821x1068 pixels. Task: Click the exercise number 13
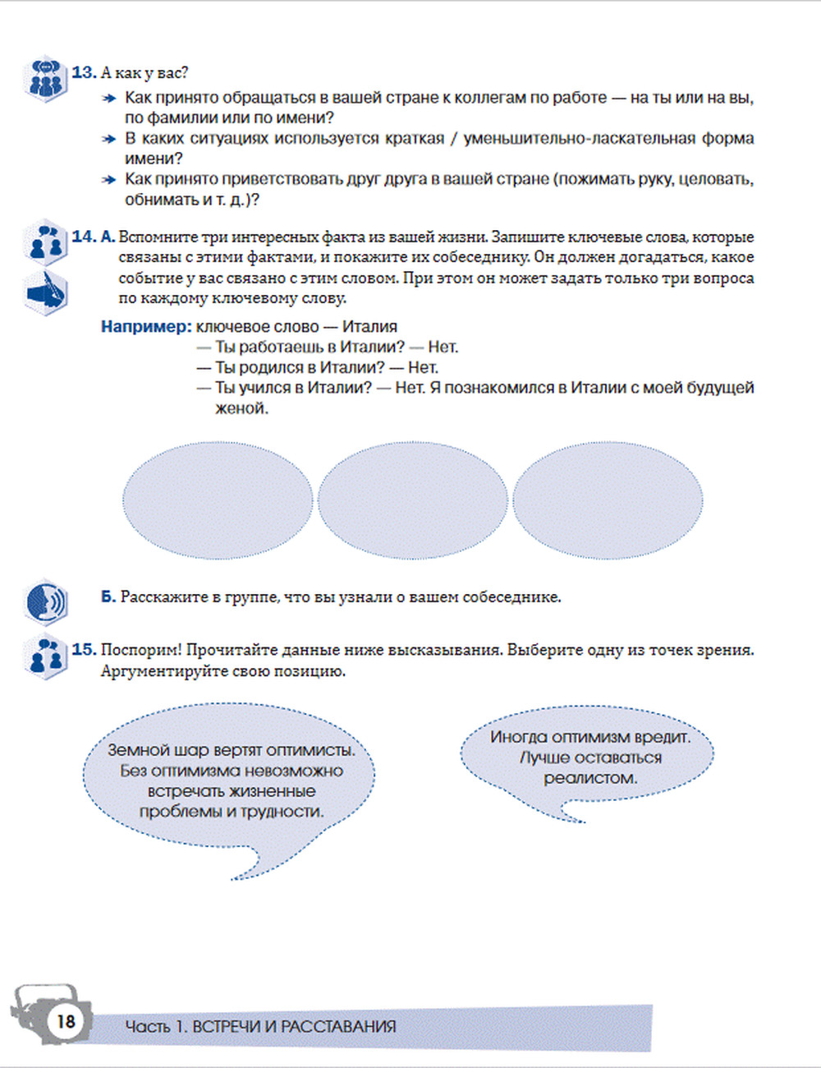pyautogui.click(x=84, y=72)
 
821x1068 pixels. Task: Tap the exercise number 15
pyautogui.click(x=84, y=650)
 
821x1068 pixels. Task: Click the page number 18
pyautogui.click(x=65, y=1021)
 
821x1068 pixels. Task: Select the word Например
pyautogui.click(x=144, y=327)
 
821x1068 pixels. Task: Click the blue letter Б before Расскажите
pyautogui.click(x=108, y=597)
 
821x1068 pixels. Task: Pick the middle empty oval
pyautogui.click(x=412, y=500)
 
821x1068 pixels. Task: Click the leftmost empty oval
pyautogui.click(x=218, y=500)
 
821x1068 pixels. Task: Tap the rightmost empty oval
pyautogui.click(x=608, y=500)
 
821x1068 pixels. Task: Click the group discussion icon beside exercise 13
pyautogui.click(x=45, y=79)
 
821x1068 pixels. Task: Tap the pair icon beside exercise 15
pyautogui.click(x=46, y=657)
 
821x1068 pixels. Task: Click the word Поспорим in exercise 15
pyautogui.click(x=140, y=650)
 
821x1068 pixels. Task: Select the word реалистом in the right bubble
pyautogui.click(x=589, y=778)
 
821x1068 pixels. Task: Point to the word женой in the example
pyautogui.click(x=241, y=408)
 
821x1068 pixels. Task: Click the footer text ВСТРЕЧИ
pyautogui.click(x=227, y=1027)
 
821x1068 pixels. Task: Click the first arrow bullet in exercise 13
pyautogui.click(x=108, y=99)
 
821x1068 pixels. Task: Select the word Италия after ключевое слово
pyautogui.click(x=369, y=327)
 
